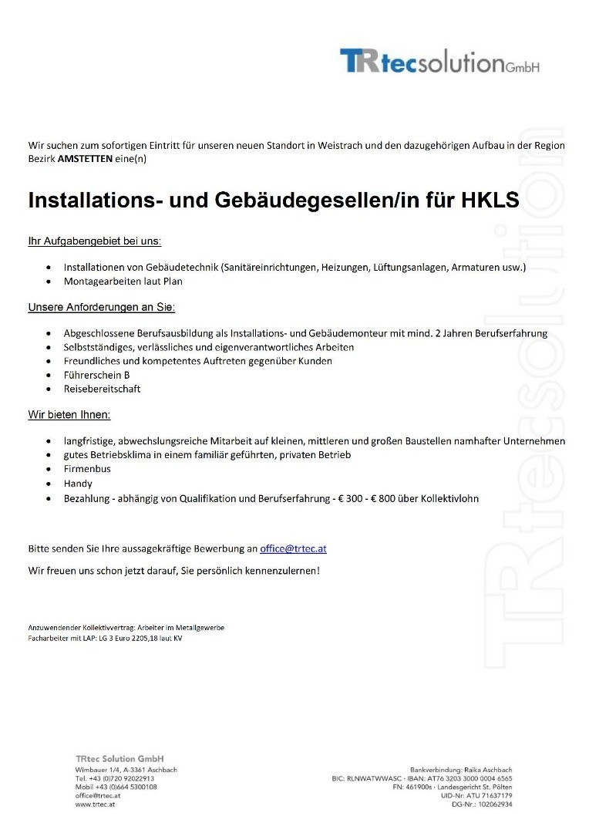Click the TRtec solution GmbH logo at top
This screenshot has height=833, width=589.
click(x=439, y=61)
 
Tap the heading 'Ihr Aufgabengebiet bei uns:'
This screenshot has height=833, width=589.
click(x=95, y=241)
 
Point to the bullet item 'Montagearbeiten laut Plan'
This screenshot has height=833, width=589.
click(x=123, y=282)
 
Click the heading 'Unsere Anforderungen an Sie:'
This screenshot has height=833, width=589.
click(x=102, y=308)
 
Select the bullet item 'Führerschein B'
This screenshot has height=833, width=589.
click(x=91, y=375)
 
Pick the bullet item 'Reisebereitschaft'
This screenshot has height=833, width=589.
click(x=102, y=389)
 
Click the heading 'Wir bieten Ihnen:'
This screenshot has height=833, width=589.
click(x=69, y=415)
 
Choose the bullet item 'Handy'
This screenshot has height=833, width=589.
click(x=78, y=484)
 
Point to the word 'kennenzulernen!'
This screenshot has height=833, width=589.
click(x=281, y=571)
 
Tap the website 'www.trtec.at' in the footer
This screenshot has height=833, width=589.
click(x=96, y=804)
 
